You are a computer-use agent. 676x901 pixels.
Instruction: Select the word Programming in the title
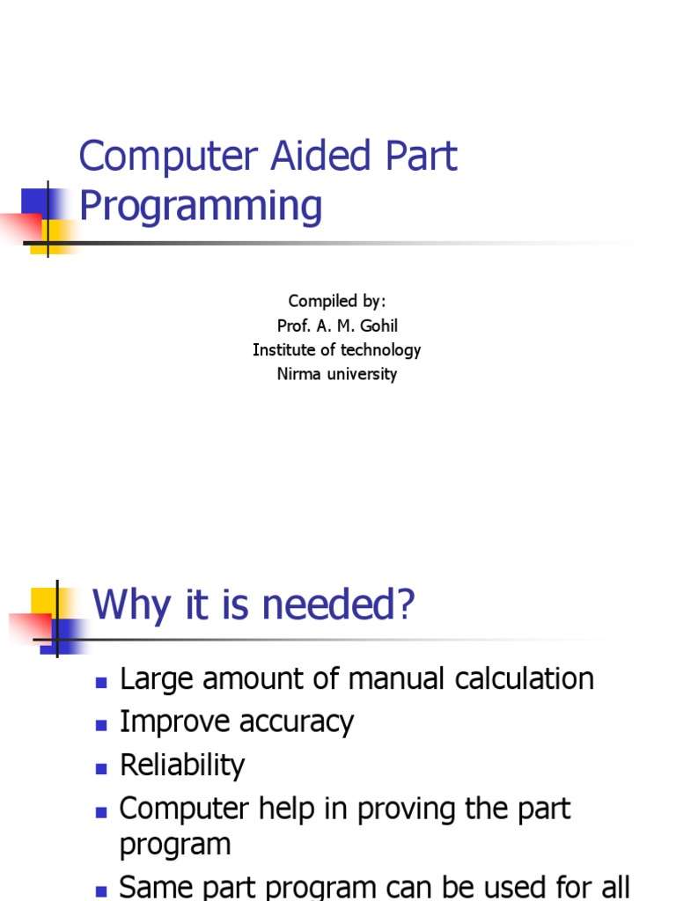(x=201, y=207)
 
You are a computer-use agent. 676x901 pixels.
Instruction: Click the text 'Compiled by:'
(x=337, y=302)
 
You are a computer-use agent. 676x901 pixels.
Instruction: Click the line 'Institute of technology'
(x=337, y=350)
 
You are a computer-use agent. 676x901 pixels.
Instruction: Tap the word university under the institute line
(x=364, y=374)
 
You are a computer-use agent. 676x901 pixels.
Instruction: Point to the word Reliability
(x=182, y=765)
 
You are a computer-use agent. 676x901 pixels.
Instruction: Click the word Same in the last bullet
(x=155, y=887)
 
